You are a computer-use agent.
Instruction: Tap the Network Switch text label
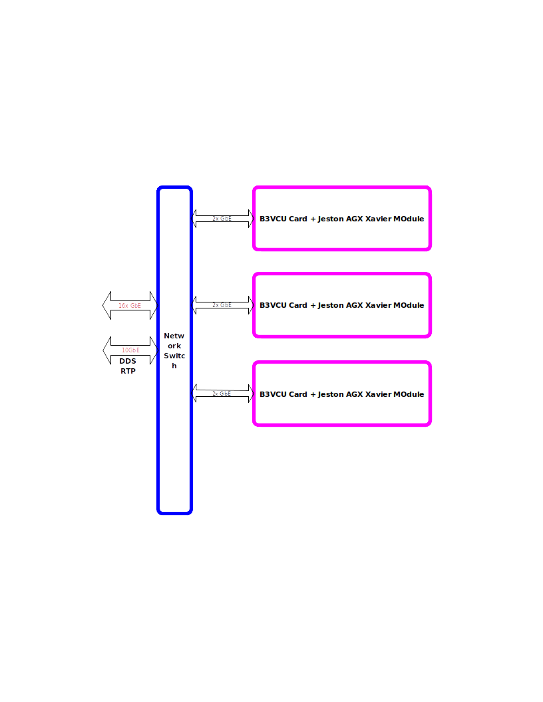click(x=174, y=351)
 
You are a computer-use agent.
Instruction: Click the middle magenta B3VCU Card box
click(x=342, y=322)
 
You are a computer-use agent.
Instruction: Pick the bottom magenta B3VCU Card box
click(x=342, y=411)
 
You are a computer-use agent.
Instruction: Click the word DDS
click(x=128, y=362)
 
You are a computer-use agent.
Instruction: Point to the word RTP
click(x=128, y=372)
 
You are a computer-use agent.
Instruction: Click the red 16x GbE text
click(x=130, y=306)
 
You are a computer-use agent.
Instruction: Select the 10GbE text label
click(x=130, y=350)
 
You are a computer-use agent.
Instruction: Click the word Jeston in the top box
click(x=331, y=219)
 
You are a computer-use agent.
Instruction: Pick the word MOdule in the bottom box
click(x=409, y=394)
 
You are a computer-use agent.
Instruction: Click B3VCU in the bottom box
click(x=273, y=394)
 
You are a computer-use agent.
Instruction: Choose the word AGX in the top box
click(x=355, y=219)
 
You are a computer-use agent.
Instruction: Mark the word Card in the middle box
click(x=298, y=305)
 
